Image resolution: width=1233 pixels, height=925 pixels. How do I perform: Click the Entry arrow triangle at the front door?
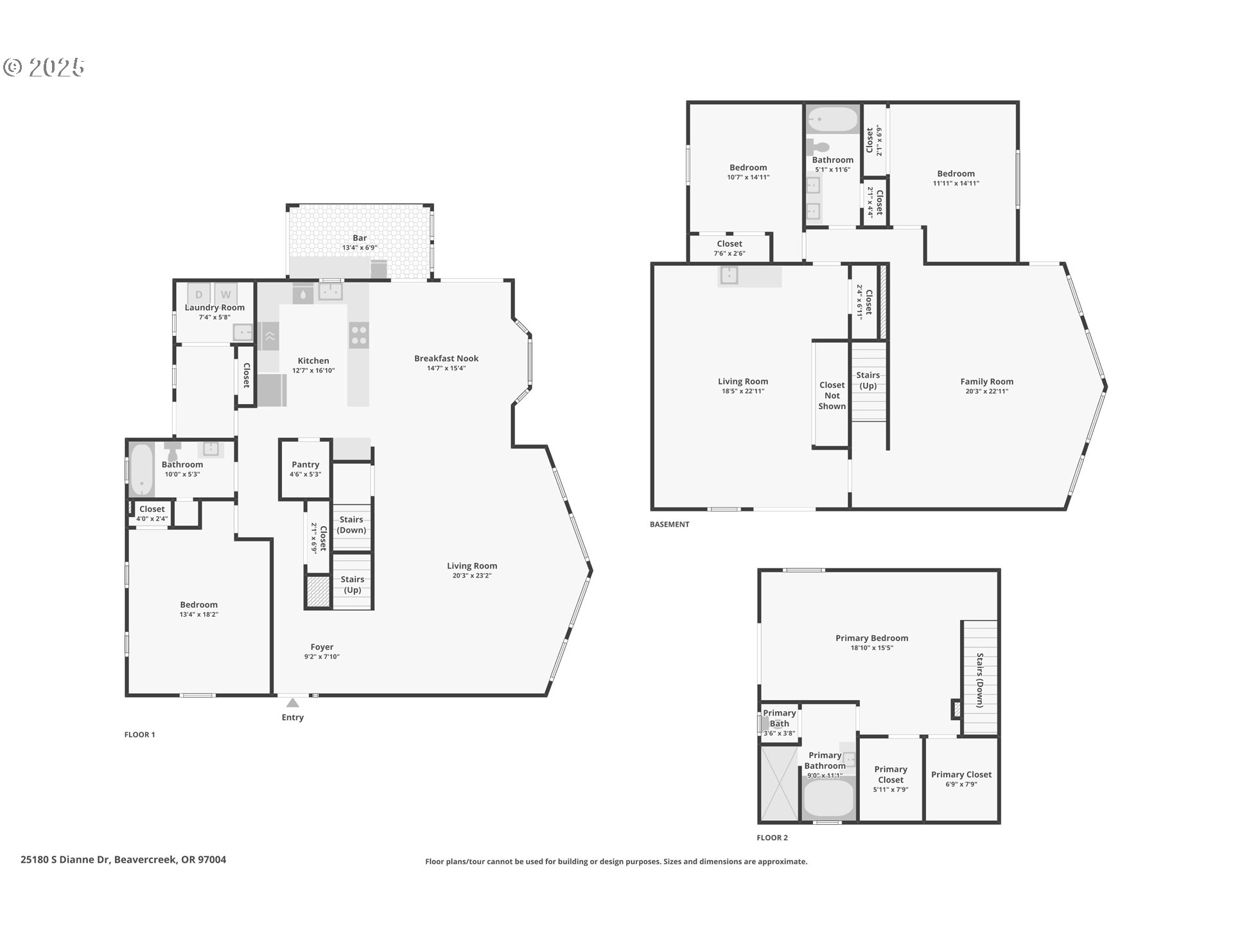coord(293,703)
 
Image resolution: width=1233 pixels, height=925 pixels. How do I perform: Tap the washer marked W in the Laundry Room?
coord(226,294)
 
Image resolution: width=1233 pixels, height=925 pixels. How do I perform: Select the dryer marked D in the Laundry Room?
coord(199,294)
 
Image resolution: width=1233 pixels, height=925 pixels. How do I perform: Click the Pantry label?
coord(306,464)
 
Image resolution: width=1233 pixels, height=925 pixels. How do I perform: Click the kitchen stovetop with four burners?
coord(359,335)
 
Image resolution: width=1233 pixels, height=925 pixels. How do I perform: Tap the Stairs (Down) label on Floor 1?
coord(351,525)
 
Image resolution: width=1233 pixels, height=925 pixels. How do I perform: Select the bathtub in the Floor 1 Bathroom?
coord(141,470)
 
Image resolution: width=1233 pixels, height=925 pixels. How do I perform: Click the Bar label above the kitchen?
coord(360,238)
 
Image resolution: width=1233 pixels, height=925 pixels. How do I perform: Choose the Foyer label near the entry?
coord(322,647)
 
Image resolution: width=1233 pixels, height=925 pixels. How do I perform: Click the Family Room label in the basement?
coord(987,382)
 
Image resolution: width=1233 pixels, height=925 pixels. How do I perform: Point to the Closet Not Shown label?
coord(832,396)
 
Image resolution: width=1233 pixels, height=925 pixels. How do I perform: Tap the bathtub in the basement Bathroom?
coord(832,119)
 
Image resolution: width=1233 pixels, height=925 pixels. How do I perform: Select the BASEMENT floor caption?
coord(669,524)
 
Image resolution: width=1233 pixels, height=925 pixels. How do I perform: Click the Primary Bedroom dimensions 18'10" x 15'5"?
coord(872,648)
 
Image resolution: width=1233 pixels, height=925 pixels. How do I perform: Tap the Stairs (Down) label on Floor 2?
coord(980,680)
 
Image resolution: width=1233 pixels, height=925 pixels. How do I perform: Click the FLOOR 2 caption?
coord(772,838)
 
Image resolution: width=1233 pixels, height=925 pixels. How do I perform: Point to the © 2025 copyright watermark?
coord(44,67)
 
